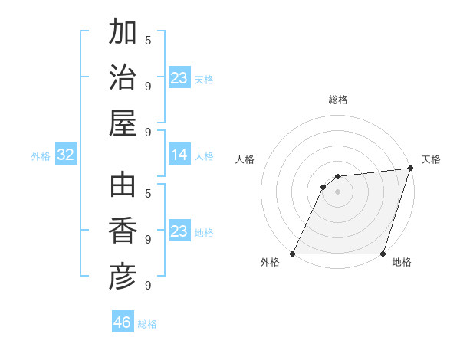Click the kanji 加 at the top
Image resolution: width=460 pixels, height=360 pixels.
(123, 34)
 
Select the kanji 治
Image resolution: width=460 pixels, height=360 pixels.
(123, 79)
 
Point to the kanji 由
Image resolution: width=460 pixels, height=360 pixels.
(123, 186)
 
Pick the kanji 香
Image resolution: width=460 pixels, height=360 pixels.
(123, 231)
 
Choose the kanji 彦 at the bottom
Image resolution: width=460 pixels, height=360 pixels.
(123, 276)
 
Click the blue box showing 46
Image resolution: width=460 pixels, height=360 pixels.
(123, 322)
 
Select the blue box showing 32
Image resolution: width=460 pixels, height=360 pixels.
(66, 155)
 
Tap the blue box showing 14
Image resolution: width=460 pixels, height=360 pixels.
(179, 155)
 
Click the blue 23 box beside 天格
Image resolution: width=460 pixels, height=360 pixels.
(179, 78)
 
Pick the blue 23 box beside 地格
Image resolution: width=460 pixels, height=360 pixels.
(179, 231)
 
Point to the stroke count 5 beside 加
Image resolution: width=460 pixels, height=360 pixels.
(148, 40)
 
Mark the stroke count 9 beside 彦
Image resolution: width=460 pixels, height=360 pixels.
(148, 285)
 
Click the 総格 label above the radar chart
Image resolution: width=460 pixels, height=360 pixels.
(338, 100)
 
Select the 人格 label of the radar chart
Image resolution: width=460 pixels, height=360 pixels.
(245, 159)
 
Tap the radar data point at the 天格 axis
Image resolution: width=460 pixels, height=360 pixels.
(411, 169)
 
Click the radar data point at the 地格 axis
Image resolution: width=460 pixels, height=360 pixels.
(383, 254)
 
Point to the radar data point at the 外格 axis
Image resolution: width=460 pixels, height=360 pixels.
(293, 254)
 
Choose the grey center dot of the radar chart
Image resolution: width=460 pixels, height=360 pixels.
(338, 191)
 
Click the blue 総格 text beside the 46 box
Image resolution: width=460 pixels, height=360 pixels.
(148, 324)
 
